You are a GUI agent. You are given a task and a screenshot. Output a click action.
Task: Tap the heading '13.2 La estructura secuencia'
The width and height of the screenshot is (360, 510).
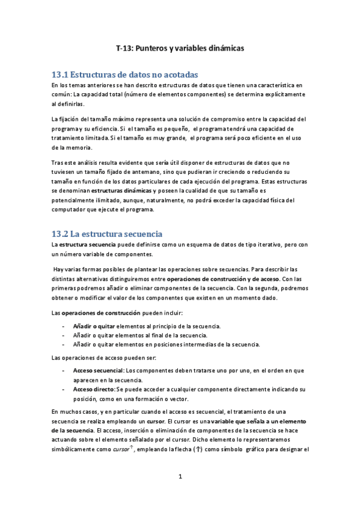[x=108, y=233]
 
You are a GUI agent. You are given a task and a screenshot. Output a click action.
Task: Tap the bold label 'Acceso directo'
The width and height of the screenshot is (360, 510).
[x=94, y=390]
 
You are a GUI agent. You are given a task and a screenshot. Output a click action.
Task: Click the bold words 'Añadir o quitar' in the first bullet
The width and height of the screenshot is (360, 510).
[x=94, y=326]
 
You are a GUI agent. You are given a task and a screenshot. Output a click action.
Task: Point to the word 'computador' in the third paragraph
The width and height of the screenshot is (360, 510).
[x=70, y=209]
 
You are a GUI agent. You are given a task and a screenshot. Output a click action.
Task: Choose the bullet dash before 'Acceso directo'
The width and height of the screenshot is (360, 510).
[x=64, y=390]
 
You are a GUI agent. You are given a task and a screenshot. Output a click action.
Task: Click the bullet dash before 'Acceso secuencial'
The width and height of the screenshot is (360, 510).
[x=64, y=370]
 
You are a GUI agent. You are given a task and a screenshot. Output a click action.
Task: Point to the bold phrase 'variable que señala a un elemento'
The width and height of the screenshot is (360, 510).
[x=260, y=422]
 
